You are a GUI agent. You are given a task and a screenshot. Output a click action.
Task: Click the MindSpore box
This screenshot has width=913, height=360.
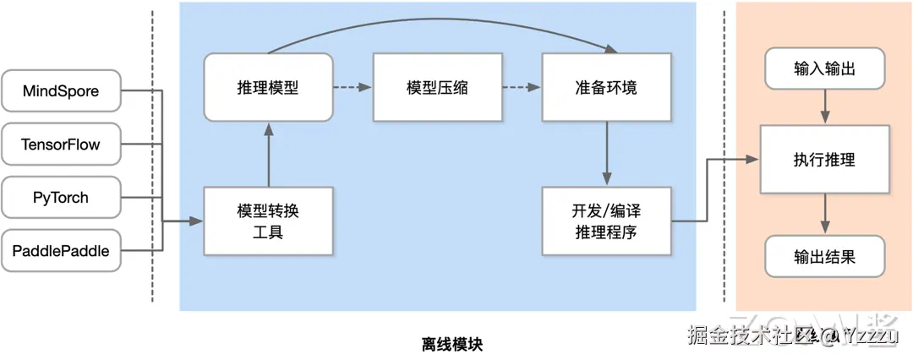pyautogui.click(x=61, y=91)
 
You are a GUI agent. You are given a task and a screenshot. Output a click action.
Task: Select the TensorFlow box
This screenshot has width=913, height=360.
pyautogui.click(x=61, y=145)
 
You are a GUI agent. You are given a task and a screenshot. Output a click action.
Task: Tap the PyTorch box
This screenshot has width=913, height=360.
pyautogui.click(x=61, y=198)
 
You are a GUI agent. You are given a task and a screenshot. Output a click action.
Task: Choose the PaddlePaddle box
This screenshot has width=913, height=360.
pyautogui.click(x=61, y=250)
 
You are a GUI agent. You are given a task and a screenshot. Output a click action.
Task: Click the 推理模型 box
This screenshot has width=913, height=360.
pyautogui.click(x=267, y=87)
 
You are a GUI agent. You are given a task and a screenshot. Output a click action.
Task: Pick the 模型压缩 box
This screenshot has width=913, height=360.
pyautogui.click(x=437, y=87)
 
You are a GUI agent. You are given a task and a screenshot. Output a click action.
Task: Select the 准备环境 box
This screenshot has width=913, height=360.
pyautogui.click(x=605, y=87)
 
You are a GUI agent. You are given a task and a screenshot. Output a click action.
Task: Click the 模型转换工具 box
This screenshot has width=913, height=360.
pyautogui.click(x=267, y=221)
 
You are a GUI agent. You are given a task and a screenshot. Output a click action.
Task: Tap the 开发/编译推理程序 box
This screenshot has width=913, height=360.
pyautogui.click(x=605, y=221)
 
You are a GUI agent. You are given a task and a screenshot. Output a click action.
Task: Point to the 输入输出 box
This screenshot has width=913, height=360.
pyautogui.click(x=824, y=68)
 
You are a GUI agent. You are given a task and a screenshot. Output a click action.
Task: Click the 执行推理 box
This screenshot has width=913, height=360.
pyautogui.click(x=824, y=159)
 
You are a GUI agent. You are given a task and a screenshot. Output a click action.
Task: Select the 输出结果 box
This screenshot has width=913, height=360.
pyautogui.click(x=824, y=256)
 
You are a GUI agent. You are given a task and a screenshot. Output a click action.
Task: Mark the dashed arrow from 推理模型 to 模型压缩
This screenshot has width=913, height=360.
pyautogui.click(x=352, y=87)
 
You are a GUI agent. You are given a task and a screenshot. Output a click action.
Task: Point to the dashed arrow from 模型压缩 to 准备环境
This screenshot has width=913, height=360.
pyautogui.click(x=521, y=87)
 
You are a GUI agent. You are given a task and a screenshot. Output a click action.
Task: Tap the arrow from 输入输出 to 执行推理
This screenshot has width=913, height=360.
pyautogui.click(x=825, y=106)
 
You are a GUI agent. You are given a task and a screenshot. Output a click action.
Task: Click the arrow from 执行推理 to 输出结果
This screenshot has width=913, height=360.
pyautogui.click(x=825, y=215)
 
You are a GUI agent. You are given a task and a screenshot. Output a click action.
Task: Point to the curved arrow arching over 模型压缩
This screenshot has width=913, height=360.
pyautogui.click(x=437, y=19)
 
